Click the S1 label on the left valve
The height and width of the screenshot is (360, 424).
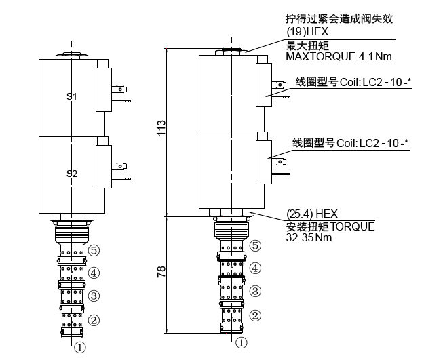71,96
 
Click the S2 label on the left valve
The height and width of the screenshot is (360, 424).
71,174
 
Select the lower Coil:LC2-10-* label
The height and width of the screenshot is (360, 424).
350,143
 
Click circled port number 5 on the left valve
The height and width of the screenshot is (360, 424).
94,250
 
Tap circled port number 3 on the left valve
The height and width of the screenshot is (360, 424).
94,296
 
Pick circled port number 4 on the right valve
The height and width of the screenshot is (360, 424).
255,268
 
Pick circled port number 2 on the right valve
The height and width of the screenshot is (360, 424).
255,315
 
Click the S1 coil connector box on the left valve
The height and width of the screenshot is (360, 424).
104,89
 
